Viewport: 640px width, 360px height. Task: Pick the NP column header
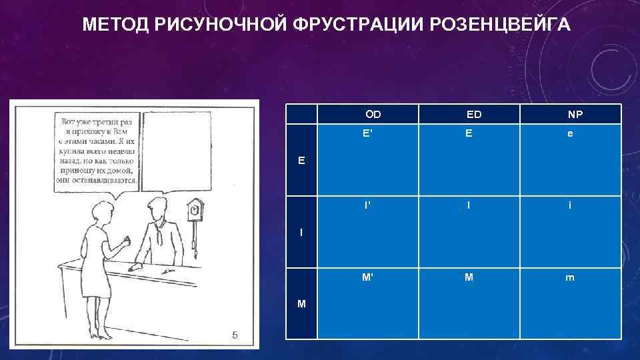coord(575,115)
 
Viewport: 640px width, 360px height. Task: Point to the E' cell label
coord(367,133)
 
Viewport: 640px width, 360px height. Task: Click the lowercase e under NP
coord(569,133)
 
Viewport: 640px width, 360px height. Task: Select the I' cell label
coord(367,205)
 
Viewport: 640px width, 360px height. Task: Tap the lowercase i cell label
coord(569,205)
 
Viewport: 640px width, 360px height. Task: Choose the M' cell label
coord(367,277)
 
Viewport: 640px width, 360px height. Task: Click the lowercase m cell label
coord(569,277)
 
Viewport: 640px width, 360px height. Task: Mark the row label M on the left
coord(302,304)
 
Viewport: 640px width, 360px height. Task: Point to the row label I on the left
coord(302,232)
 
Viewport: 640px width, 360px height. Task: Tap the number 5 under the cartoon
coord(234,335)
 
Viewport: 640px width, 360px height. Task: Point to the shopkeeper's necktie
coord(159,233)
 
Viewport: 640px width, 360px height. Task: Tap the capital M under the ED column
coord(469,277)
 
